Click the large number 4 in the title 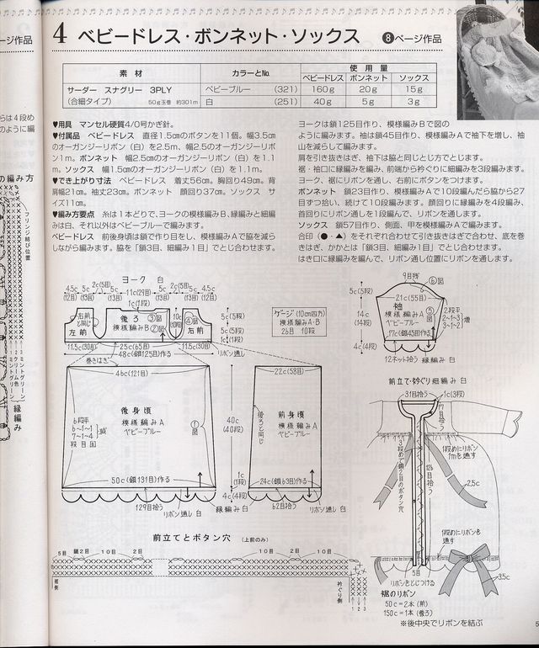[59, 36]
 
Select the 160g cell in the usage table [322, 88]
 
